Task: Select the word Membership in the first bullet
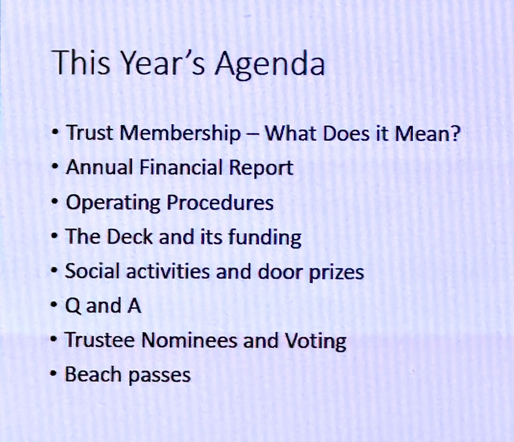(x=180, y=134)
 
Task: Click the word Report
(x=261, y=169)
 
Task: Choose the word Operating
(x=113, y=203)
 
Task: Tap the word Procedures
(x=220, y=202)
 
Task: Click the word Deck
(x=130, y=236)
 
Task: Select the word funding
(x=264, y=238)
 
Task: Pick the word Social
(x=92, y=271)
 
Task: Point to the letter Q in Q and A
(x=73, y=306)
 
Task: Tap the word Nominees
(x=189, y=340)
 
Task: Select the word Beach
(x=93, y=374)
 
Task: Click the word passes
(x=159, y=376)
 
